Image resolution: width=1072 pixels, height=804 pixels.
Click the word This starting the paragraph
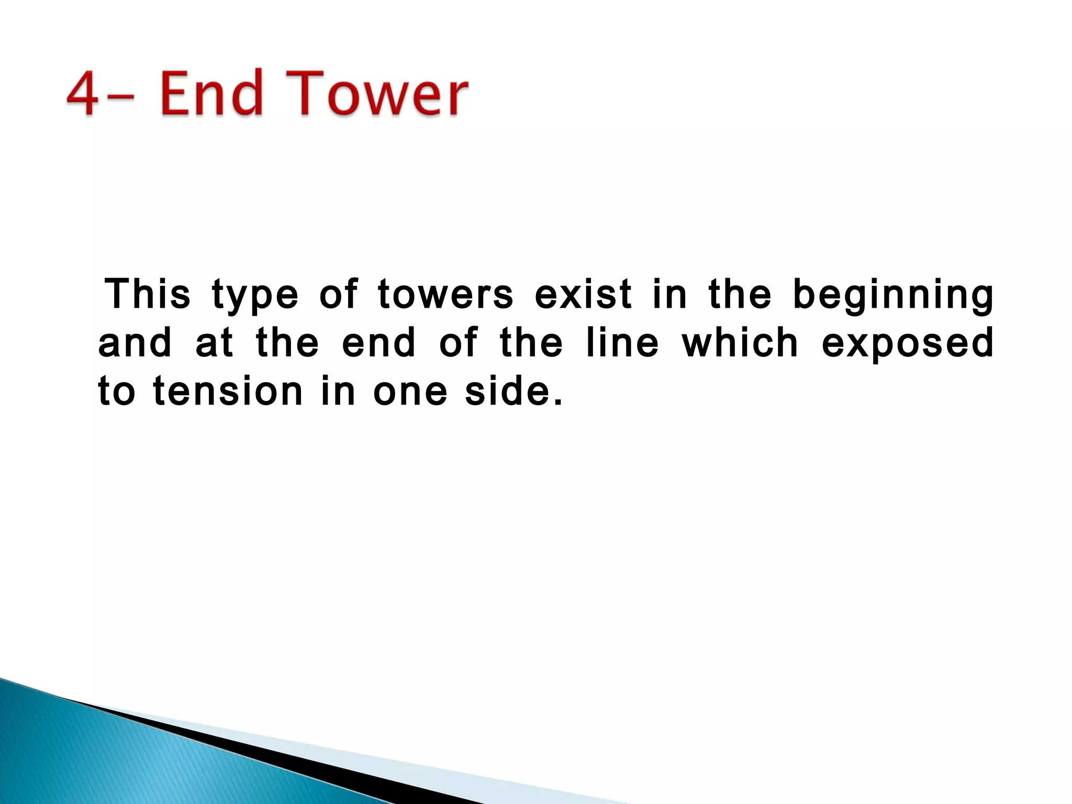[148, 294]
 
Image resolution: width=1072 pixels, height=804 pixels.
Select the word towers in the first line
[445, 294]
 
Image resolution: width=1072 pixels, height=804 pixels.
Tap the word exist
[584, 294]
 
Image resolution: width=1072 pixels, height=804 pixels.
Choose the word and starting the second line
[135, 343]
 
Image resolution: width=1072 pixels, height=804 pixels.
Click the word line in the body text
[622, 343]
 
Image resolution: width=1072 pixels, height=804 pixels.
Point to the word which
[740, 343]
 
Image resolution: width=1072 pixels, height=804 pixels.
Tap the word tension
[228, 392]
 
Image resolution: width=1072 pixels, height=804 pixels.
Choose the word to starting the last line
[117, 392]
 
